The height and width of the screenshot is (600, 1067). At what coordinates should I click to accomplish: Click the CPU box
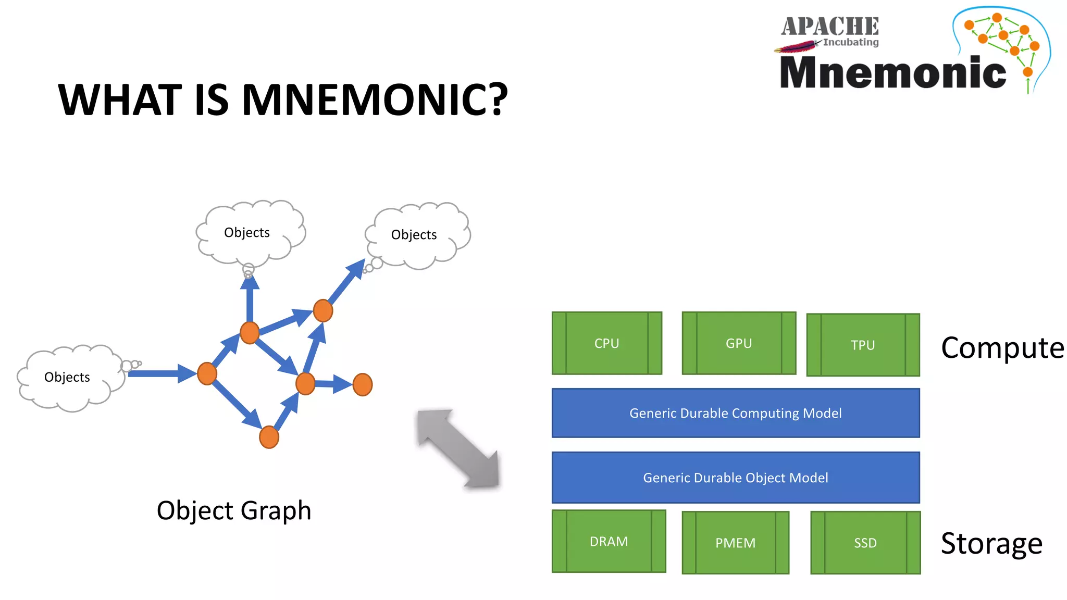pyautogui.click(x=607, y=343)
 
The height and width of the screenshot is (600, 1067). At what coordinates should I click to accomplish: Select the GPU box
pyautogui.click(x=739, y=343)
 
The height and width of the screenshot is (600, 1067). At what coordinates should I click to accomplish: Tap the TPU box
pyautogui.click(x=863, y=345)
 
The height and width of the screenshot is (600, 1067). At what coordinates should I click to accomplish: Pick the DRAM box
pyautogui.click(x=609, y=541)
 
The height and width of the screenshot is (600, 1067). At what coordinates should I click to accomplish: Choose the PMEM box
pyautogui.click(x=735, y=543)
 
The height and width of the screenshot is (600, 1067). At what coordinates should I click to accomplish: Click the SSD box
pyautogui.click(x=865, y=543)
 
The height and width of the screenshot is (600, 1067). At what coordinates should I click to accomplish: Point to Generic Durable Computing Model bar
pyautogui.click(x=735, y=413)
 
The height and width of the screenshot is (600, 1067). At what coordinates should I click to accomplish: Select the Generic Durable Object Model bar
pyautogui.click(x=735, y=478)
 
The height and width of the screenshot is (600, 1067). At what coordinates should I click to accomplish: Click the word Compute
pyautogui.click(x=1002, y=348)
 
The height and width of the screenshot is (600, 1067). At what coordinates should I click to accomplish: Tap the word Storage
pyautogui.click(x=991, y=544)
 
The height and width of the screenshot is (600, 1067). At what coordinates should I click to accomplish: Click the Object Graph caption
pyautogui.click(x=234, y=510)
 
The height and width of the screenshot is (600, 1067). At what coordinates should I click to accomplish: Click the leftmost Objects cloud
pyautogui.click(x=68, y=378)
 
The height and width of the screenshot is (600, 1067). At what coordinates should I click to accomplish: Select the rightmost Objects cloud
pyautogui.click(x=415, y=235)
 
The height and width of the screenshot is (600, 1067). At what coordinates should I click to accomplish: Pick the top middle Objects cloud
pyautogui.click(x=247, y=232)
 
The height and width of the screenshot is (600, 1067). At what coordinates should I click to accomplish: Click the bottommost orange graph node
pyautogui.click(x=269, y=437)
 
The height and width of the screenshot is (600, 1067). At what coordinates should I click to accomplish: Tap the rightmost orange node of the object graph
pyautogui.click(x=363, y=385)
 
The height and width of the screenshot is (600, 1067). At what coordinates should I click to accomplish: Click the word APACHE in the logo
pyautogui.click(x=830, y=27)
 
